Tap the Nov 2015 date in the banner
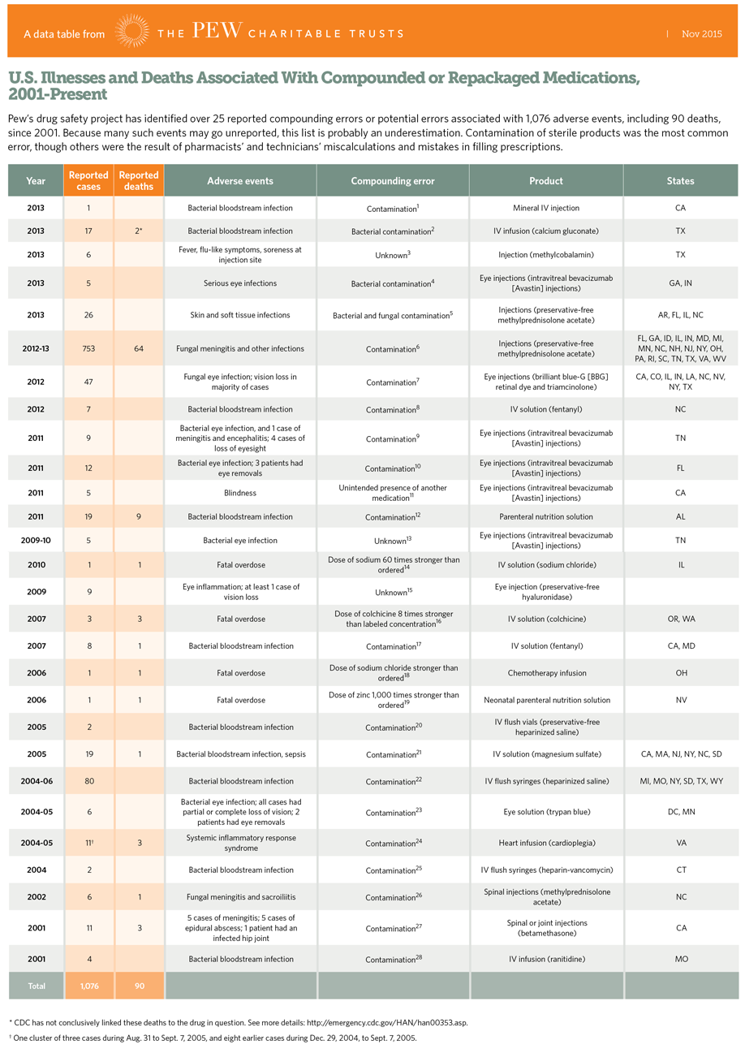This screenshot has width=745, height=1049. point(702,34)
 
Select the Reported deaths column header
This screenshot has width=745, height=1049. point(140,180)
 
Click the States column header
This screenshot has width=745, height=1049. point(680,180)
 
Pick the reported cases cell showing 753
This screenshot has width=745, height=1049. point(89,348)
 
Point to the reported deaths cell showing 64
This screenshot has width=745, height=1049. point(140,348)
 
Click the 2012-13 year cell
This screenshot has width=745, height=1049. point(36,348)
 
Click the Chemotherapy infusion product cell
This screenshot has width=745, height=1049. point(546,672)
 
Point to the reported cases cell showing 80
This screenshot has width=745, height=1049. point(89,781)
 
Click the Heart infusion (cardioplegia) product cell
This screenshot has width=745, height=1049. point(546,843)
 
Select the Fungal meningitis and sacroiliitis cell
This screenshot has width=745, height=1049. point(240,897)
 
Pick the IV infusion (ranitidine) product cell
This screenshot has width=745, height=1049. point(546,959)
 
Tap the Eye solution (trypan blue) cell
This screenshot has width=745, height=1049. point(546,812)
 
